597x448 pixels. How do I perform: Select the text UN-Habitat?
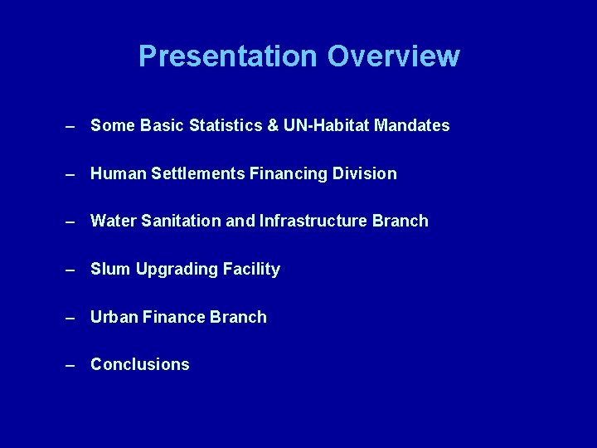tap(326, 126)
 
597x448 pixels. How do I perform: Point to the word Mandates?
tap(412, 126)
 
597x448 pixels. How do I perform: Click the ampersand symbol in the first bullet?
tap(273, 126)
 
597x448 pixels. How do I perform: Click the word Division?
tap(367, 174)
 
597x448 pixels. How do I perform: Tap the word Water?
tap(111, 222)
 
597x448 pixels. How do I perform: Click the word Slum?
tap(109, 270)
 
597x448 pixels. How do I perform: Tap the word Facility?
tap(253, 270)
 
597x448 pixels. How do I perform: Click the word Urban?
tap(114, 317)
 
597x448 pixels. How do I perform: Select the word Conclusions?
tap(139, 365)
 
